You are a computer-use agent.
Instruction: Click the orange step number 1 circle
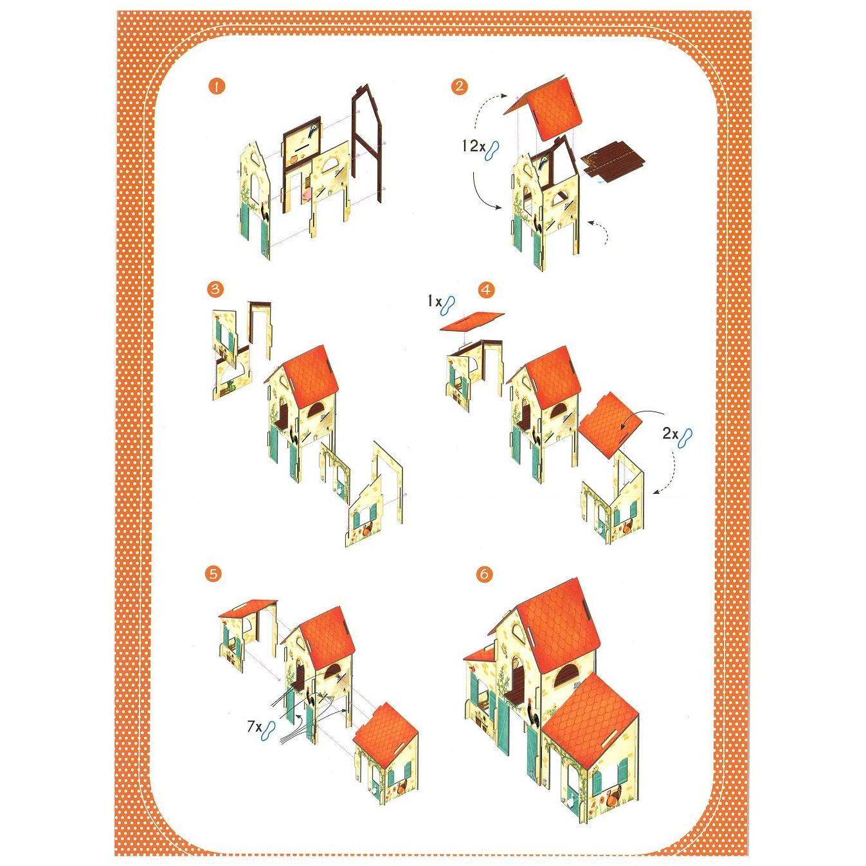tap(217, 87)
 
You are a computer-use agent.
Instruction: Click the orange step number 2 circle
tap(459, 86)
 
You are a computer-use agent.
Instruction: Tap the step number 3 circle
tap(216, 289)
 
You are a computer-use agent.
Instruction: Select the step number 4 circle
tap(486, 290)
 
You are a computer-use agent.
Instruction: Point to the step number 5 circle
tap(213, 573)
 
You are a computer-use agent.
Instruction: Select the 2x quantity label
tap(671, 434)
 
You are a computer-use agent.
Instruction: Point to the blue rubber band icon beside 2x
tap(686, 437)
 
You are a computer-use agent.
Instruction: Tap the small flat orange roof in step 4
tap(472, 321)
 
